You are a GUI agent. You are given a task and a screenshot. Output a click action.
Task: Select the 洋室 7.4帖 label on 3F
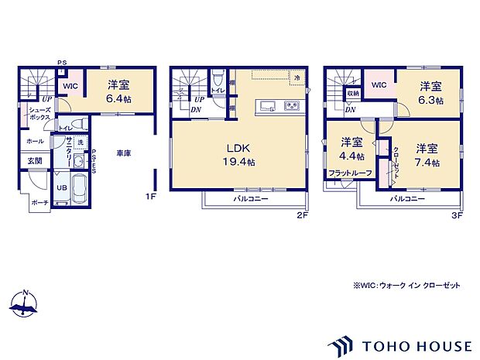pos(427,155)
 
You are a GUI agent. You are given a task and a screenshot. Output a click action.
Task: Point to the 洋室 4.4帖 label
pos(351,149)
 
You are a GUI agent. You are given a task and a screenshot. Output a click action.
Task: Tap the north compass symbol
pos(26,304)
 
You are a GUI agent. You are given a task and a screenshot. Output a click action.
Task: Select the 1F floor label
pos(152,197)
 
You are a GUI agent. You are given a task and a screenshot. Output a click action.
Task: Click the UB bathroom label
pos(60,187)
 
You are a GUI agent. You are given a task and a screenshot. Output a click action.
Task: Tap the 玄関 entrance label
pos(36,161)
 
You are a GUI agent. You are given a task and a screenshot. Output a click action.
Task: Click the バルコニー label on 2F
pos(251,199)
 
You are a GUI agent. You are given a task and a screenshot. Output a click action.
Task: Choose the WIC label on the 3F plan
pos(379,84)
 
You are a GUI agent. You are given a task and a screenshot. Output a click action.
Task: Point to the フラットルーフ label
pos(351,173)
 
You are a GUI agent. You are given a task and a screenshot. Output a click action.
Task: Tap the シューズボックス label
pos(40,114)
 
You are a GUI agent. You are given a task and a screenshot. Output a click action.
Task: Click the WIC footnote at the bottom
pos(406,286)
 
